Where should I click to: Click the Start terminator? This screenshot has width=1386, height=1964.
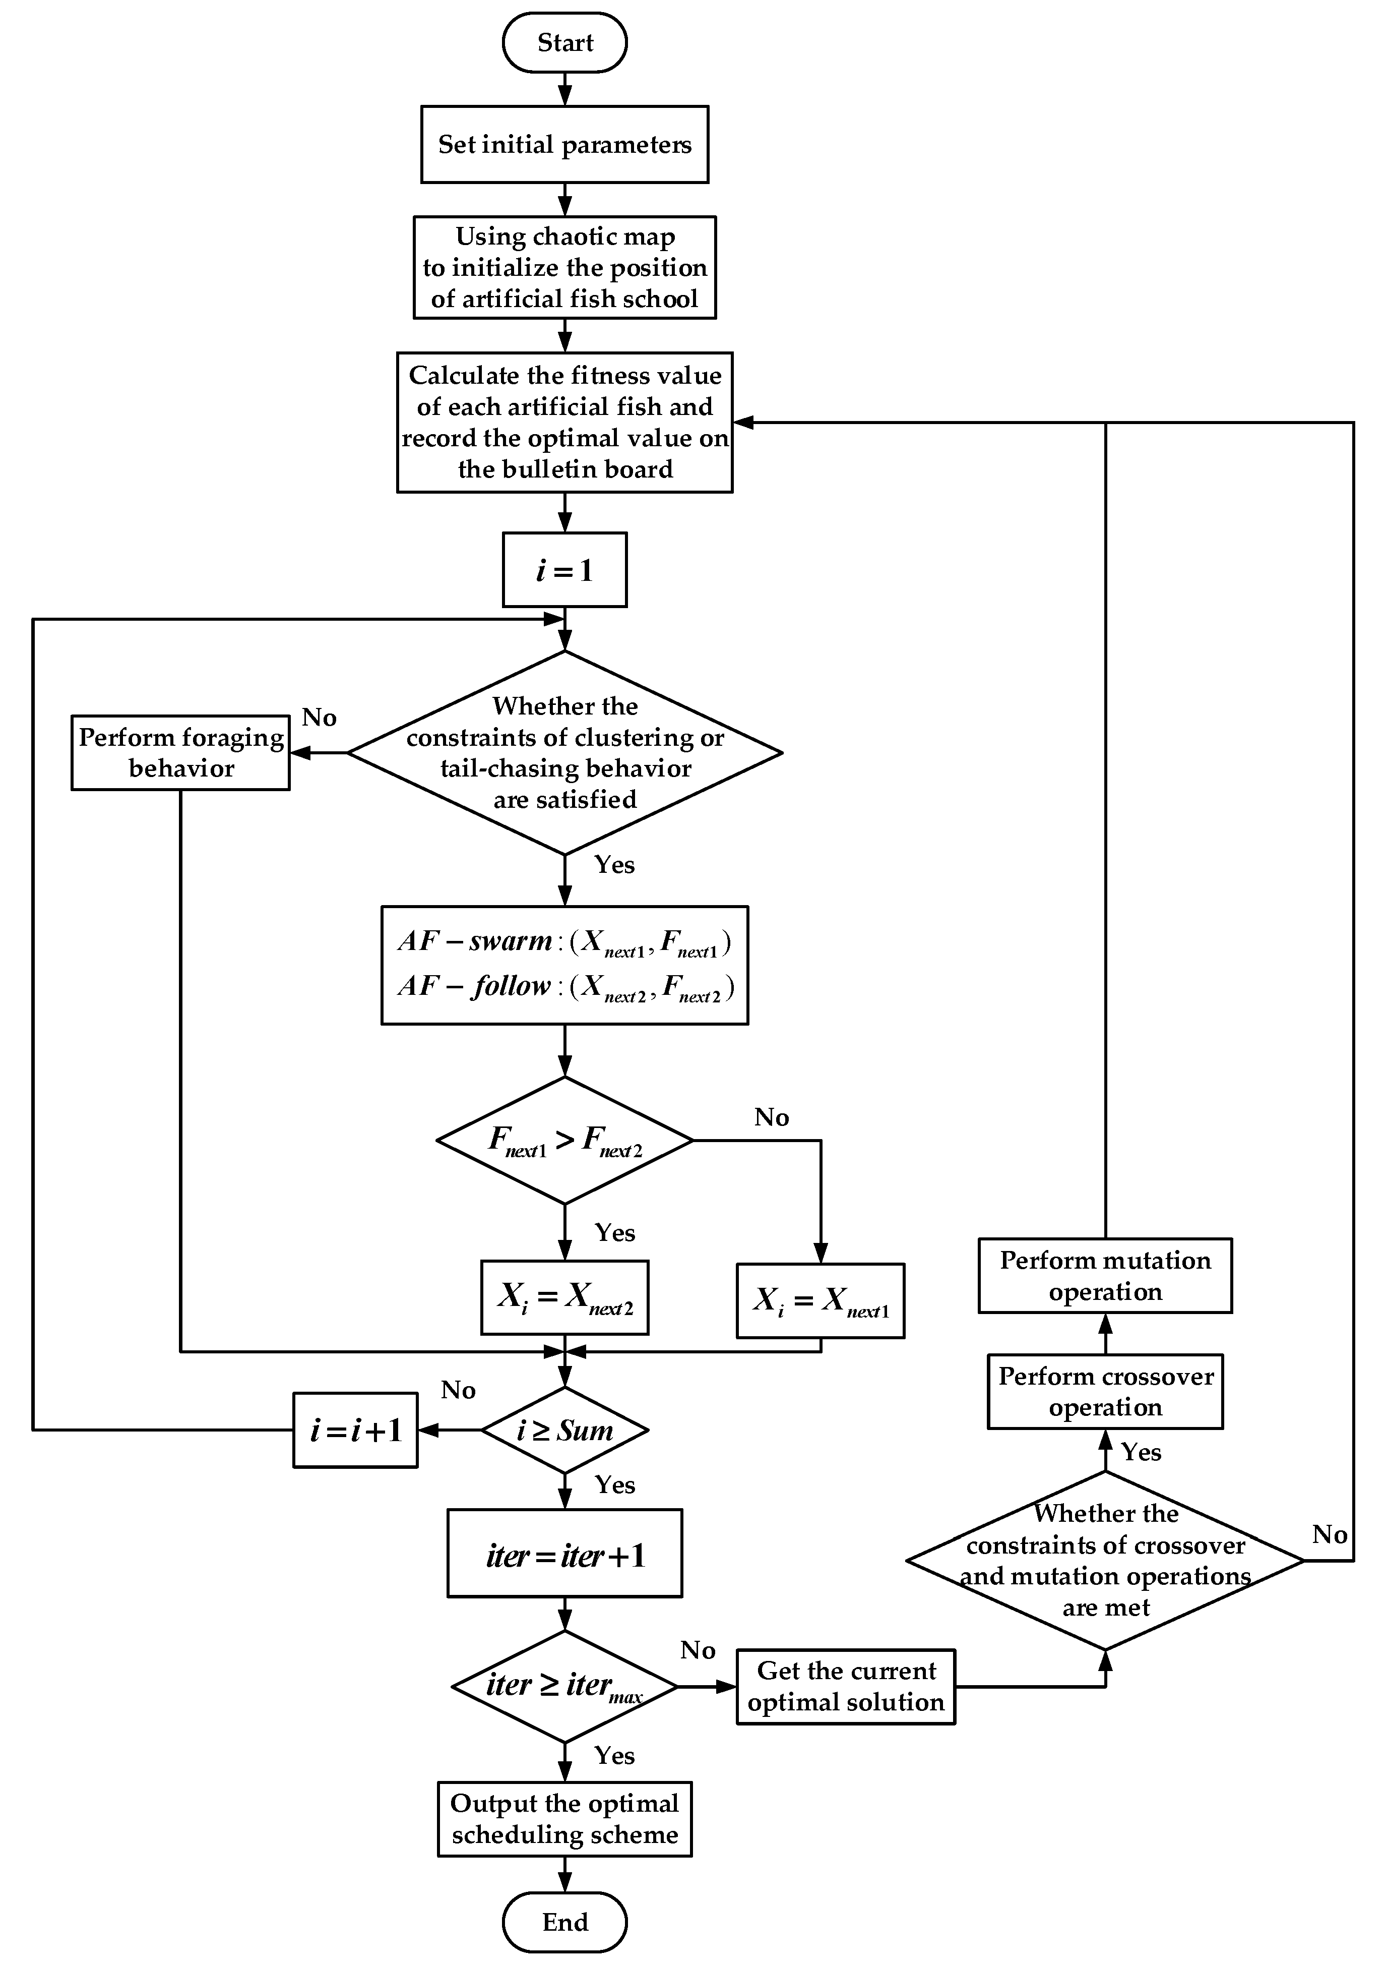(564, 42)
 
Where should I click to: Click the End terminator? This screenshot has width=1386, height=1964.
(564, 1922)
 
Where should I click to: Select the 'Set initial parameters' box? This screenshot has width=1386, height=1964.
(564, 144)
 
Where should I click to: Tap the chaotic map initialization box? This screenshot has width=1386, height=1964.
(564, 267)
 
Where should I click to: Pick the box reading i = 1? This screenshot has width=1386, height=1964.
(564, 570)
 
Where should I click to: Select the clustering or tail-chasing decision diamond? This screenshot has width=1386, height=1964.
(564, 753)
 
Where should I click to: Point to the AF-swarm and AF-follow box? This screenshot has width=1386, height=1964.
(564, 965)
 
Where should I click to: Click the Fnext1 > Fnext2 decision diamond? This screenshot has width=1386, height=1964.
(564, 1140)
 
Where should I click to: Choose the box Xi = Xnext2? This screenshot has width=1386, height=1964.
(564, 1297)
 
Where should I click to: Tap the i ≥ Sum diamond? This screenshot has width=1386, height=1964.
(564, 1430)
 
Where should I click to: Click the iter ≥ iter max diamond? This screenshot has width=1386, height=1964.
(564, 1686)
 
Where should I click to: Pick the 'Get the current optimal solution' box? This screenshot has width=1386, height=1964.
(846, 1686)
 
